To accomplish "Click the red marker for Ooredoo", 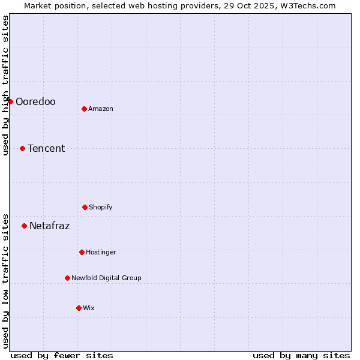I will (x=10, y=101).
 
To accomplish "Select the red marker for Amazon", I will (x=84, y=109).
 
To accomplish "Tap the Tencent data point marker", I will (x=22, y=148).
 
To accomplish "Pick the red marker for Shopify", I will (x=85, y=207).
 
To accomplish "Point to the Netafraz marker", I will (x=24, y=226).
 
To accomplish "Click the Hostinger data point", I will (x=82, y=252).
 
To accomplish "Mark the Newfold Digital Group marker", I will (x=67, y=278).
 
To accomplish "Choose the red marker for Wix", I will (x=79, y=308).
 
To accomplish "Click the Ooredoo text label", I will (x=35, y=101).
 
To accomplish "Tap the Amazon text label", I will (x=101, y=109).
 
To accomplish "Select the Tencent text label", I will (x=46, y=148).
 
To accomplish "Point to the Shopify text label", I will (x=101, y=207).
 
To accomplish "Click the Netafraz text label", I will (x=49, y=226).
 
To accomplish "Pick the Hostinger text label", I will (x=101, y=252).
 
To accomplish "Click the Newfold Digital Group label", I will (x=106, y=278).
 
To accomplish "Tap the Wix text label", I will (x=89, y=308).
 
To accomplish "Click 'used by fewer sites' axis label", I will (x=62, y=355).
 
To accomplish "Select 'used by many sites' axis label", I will (x=301, y=355).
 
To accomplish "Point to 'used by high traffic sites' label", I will (x=5, y=85).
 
